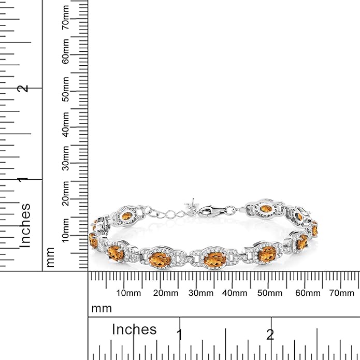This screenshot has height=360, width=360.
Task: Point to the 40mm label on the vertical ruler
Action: tap(66, 123)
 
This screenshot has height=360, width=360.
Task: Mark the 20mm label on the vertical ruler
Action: tap(66, 192)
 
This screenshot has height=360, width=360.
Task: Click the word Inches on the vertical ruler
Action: tap(25, 225)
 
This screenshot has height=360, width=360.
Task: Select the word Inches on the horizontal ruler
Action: tap(134, 329)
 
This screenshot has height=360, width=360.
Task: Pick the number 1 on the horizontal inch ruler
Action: tap(179, 334)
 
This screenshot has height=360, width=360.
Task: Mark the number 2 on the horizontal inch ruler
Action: tap(270, 334)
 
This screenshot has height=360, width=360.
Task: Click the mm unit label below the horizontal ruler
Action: tap(102, 309)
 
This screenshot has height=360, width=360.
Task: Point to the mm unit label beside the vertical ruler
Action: tap(50, 257)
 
